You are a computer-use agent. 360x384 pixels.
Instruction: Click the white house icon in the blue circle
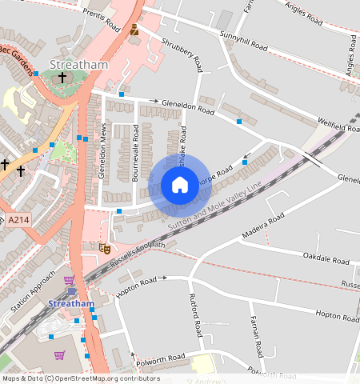point(180,186)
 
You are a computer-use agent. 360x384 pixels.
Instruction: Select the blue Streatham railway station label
point(72,304)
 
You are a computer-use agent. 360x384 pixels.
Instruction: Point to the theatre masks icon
point(103,248)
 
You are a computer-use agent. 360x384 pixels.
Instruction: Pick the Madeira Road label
point(262,226)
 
